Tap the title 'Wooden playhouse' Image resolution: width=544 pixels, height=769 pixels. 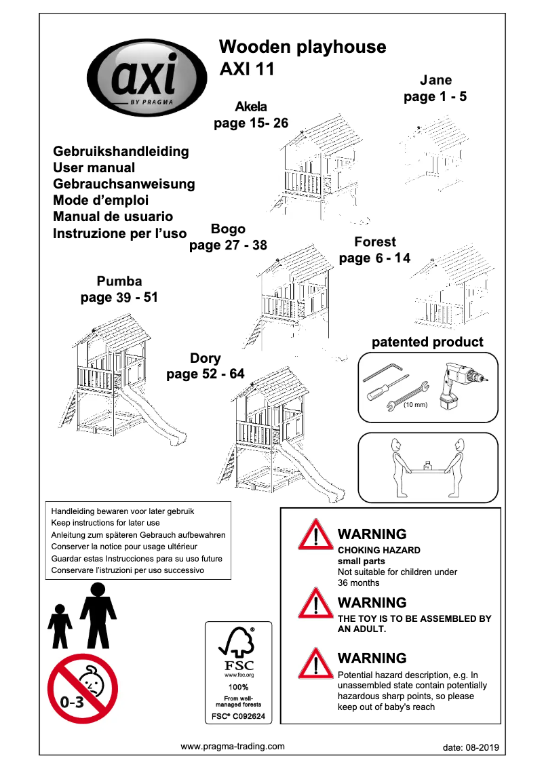coord(303,47)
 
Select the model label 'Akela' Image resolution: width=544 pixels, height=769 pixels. coord(251,106)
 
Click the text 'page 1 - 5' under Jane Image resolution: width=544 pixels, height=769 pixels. coord(435,97)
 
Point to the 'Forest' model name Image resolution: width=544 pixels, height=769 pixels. coord(374,241)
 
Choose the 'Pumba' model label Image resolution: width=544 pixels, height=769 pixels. coord(119,281)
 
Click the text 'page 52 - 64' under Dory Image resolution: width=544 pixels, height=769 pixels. coord(205,374)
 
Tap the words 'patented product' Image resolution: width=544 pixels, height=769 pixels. coord(427,342)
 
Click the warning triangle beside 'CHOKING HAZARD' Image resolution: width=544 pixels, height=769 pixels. coord(314,534)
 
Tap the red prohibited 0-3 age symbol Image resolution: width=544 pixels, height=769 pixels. coord(82,688)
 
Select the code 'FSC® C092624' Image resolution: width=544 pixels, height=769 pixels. coord(238,716)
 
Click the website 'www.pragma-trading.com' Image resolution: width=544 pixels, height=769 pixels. coord(233,746)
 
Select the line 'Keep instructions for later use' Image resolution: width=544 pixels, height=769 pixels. coord(106,523)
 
